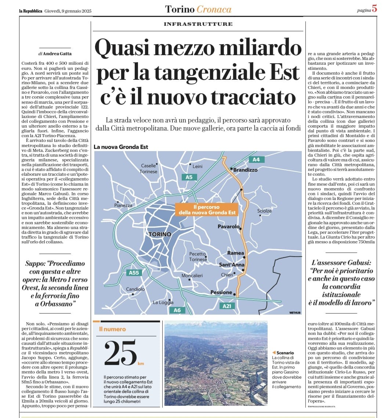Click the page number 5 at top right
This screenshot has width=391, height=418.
point(374,9)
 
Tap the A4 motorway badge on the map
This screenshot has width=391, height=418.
point(256,160)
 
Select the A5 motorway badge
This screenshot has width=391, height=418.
point(189,177)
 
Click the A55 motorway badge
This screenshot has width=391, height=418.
point(134,273)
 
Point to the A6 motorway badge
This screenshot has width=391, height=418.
point(177,310)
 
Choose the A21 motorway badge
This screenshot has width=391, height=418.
point(227,306)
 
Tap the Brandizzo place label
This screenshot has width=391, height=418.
point(246,170)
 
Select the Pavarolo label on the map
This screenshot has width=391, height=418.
point(228,227)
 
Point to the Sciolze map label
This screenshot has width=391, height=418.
point(264,211)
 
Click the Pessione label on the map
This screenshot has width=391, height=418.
point(221,293)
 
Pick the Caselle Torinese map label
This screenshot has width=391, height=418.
point(149,168)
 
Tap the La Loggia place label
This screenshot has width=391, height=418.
point(163,303)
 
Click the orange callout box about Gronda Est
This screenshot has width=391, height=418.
point(207,210)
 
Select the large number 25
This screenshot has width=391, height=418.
point(120,354)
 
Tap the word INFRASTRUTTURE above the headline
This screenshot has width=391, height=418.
point(198,24)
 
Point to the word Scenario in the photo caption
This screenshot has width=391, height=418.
point(285,353)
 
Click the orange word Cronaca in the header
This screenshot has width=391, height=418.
point(214,9)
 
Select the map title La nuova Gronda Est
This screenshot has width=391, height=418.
point(121,147)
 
